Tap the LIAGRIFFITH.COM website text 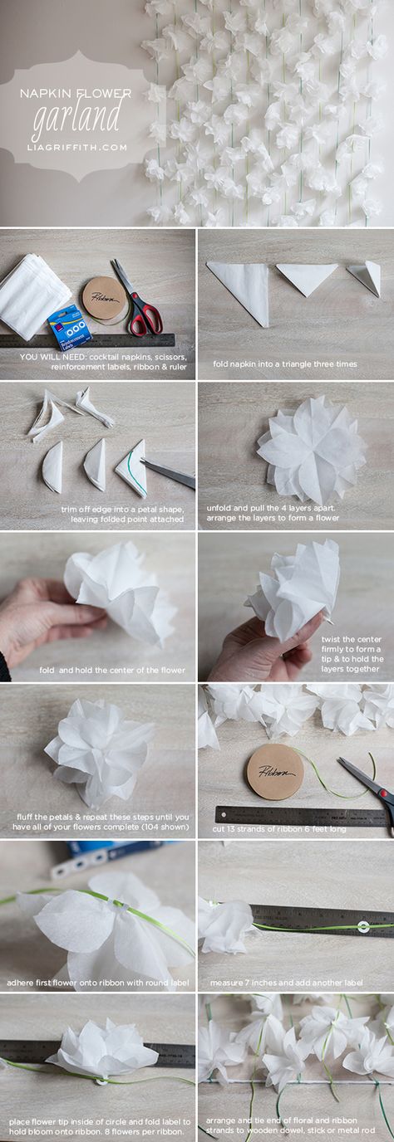point(76,148)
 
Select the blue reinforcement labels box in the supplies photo point(71,327)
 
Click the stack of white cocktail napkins point(34,295)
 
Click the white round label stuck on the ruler point(363,926)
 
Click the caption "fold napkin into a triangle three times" point(285,364)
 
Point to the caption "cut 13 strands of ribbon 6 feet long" point(279,829)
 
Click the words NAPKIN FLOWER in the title point(76,93)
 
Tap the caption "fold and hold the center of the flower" point(112,670)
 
